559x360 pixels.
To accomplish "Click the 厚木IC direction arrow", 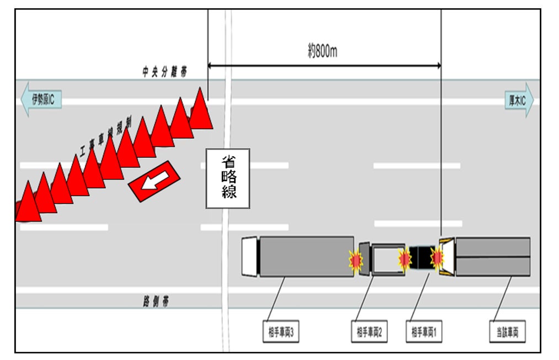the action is point(519,100).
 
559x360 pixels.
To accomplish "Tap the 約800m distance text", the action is point(323,52).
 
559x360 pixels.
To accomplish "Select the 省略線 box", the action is point(228,178).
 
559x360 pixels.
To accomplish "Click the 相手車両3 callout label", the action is point(280,332).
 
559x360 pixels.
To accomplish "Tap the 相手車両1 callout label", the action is point(424,332).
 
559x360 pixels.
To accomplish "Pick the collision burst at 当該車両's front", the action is point(438,257).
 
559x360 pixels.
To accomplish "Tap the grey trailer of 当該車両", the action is point(493,257).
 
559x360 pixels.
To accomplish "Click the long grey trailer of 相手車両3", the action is point(306,256).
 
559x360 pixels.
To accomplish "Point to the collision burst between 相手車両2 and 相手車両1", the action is point(404,258).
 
